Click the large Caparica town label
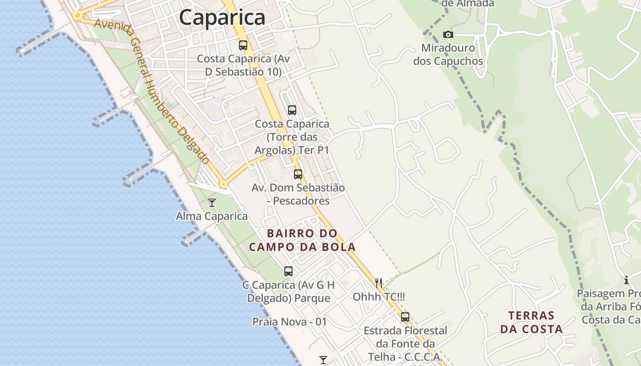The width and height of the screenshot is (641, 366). pyautogui.click(x=222, y=17)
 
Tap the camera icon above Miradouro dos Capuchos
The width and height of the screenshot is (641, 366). pyautogui.click(x=448, y=35)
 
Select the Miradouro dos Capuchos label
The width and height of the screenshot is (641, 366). pyautogui.click(x=448, y=54)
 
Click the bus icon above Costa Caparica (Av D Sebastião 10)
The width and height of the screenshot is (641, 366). pyautogui.click(x=243, y=45)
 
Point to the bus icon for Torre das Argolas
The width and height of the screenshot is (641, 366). pyautogui.click(x=292, y=110)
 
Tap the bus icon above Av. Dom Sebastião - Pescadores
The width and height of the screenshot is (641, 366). pyautogui.click(x=298, y=174)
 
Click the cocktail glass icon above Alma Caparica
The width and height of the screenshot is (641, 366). pyautogui.click(x=212, y=203)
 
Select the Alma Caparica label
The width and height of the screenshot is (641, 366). pyautogui.click(x=212, y=216)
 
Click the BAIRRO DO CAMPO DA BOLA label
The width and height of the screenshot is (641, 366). pyautogui.click(x=302, y=240)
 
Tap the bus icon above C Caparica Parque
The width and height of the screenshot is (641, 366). pyautogui.click(x=288, y=271)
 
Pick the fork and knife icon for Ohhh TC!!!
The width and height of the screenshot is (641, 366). pyautogui.click(x=379, y=283)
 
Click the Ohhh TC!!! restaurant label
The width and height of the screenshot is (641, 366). pyautogui.click(x=379, y=297)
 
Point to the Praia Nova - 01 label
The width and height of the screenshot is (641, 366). pyautogui.click(x=290, y=322)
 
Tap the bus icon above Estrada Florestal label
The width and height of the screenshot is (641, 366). pyautogui.click(x=405, y=317)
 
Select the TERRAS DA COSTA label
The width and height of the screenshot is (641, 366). pyautogui.click(x=531, y=322)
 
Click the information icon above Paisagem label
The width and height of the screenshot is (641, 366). pyautogui.click(x=626, y=280)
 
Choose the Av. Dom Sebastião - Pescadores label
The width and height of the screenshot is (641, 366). pyautogui.click(x=298, y=194)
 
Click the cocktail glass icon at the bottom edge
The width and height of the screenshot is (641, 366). pyautogui.click(x=323, y=360)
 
